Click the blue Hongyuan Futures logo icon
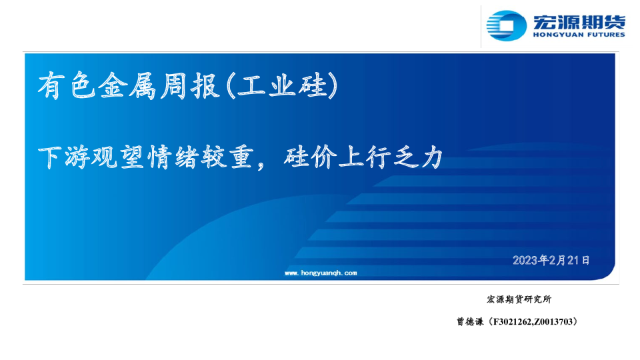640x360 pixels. coord(506,26)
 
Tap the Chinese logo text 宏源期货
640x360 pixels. coord(579,21)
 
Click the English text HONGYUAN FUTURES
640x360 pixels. coord(579,35)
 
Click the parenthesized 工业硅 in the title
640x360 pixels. coord(282,86)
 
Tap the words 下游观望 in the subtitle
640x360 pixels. coord(90,157)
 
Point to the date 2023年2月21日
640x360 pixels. coord(551,260)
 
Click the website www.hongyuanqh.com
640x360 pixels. coord(321,273)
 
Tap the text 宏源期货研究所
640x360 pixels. coord(519,299)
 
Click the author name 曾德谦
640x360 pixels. coord(470,321)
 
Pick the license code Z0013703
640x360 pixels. coord(553,322)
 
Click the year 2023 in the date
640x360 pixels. coord(525,261)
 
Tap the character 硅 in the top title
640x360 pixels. coord(313,86)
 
